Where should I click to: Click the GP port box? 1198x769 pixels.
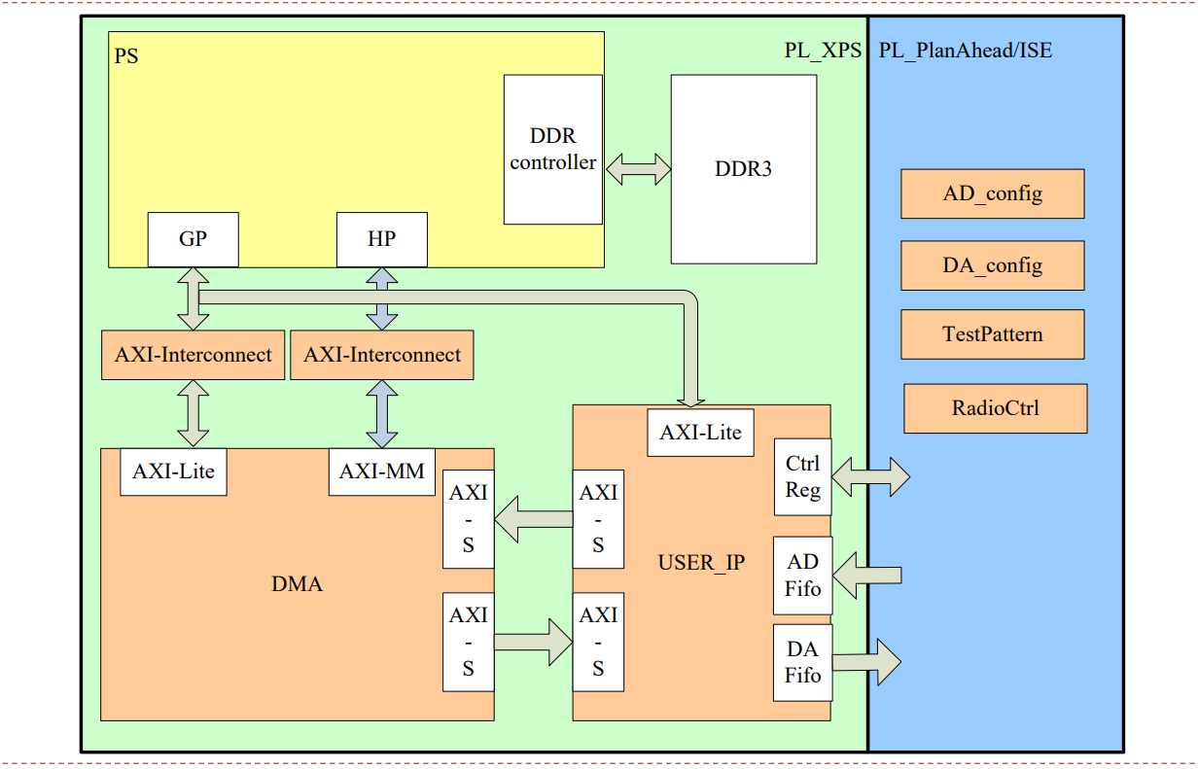coord(194,239)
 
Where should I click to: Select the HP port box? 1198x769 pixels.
coord(382,239)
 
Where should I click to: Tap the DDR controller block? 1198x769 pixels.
coord(553,149)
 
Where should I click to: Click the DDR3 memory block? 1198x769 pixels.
coord(744,169)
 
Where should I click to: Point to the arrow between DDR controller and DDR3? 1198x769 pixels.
coord(638,169)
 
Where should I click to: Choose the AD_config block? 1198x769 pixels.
coord(993,193)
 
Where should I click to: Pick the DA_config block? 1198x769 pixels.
coord(993,265)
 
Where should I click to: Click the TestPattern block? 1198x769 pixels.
coord(993,334)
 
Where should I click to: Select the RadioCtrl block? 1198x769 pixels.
coord(996,408)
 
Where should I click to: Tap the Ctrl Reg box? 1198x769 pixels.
coord(803,477)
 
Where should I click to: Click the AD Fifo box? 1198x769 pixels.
coord(803,576)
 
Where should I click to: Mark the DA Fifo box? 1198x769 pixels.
coord(803,663)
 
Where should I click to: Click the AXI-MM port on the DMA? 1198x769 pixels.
coord(382,472)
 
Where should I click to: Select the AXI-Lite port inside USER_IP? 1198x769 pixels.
coord(700,433)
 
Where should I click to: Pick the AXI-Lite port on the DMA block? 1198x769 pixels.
coord(173,472)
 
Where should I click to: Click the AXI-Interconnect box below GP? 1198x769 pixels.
coord(194,355)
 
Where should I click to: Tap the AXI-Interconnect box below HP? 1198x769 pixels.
coord(382,355)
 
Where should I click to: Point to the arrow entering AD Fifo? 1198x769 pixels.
coord(867,576)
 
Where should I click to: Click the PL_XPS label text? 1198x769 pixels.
coord(823,51)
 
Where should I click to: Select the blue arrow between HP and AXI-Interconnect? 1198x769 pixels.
coord(382,298)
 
